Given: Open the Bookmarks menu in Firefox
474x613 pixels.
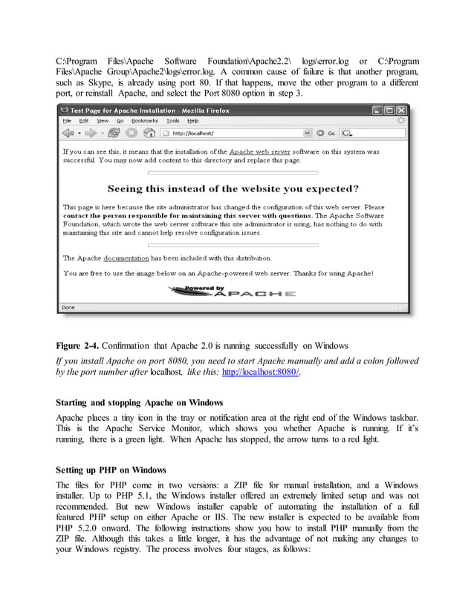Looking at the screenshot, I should click(144, 120).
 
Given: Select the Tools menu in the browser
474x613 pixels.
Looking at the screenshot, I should click(172, 120).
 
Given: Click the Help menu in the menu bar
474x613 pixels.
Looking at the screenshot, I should click(192, 120).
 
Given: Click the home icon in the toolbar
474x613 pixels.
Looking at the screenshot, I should click(149, 134).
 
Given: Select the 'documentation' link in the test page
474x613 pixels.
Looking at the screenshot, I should click(126, 258).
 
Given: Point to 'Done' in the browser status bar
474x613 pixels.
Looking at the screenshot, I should click(68, 306).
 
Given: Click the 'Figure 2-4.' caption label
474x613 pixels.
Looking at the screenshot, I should click(77, 345).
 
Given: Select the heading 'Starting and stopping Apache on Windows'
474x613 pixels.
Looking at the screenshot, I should click(140, 402).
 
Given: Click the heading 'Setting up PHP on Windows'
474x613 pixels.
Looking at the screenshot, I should click(111, 471).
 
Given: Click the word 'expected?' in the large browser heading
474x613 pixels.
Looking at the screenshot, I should click(327, 189).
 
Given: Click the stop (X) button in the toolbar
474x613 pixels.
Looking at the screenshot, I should click(132, 134).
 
